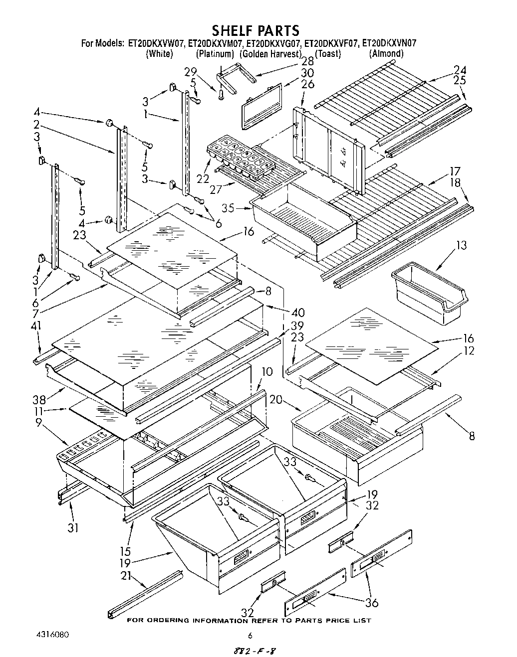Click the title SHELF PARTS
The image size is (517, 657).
256,31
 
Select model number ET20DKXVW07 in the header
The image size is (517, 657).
156,43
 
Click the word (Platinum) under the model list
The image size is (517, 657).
215,53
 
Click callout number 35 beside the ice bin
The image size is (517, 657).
229,208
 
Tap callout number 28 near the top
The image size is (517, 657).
307,61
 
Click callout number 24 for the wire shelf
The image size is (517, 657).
460,70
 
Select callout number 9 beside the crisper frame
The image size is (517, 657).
38,426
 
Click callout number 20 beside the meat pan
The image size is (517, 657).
275,400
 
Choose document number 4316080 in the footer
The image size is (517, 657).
52,635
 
